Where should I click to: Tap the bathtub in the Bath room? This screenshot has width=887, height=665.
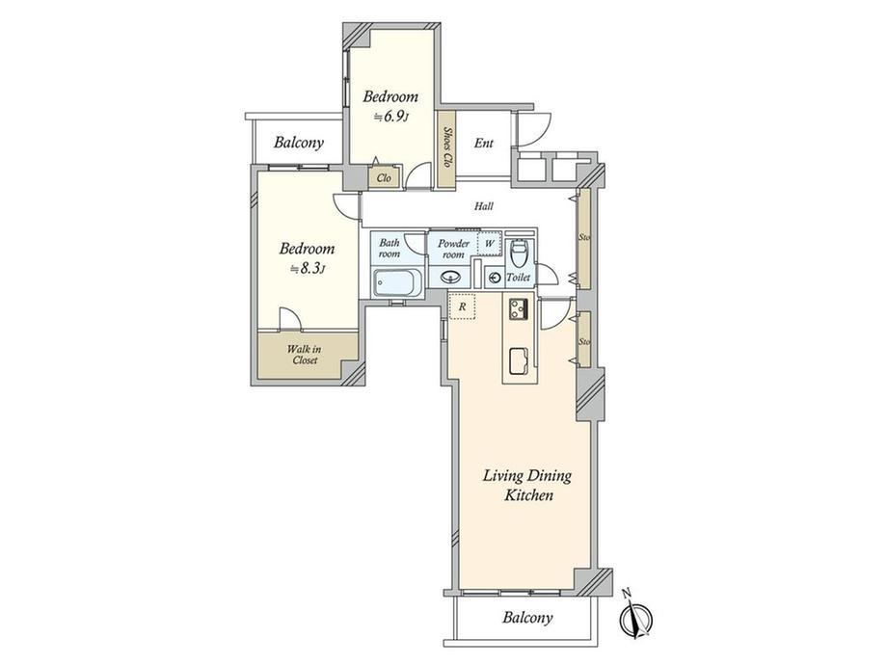(x=397, y=282)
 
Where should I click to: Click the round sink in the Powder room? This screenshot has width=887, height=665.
(x=451, y=278)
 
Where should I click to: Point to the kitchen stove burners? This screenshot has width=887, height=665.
(x=518, y=308)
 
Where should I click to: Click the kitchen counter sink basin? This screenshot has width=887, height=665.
(x=520, y=361)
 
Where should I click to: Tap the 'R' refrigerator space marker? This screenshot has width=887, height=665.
(x=462, y=306)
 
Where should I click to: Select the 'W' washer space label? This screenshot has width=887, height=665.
(x=490, y=243)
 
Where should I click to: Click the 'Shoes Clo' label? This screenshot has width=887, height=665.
(x=447, y=147)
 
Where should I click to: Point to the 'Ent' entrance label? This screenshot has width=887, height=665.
(x=484, y=143)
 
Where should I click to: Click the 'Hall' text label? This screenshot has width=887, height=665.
(x=484, y=206)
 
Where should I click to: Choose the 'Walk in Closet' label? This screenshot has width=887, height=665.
(x=305, y=355)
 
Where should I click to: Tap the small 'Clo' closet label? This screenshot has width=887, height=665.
(x=384, y=178)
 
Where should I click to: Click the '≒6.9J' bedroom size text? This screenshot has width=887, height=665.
(x=390, y=118)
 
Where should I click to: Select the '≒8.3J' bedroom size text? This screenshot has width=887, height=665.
(x=308, y=269)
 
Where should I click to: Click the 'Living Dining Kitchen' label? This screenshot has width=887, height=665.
(x=527, y=485)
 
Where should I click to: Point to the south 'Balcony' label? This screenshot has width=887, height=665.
(x=527, y=618)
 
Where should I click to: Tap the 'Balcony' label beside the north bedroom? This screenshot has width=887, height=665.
(x=299, y=142)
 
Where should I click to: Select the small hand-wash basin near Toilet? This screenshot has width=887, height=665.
(x=495, y=278)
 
